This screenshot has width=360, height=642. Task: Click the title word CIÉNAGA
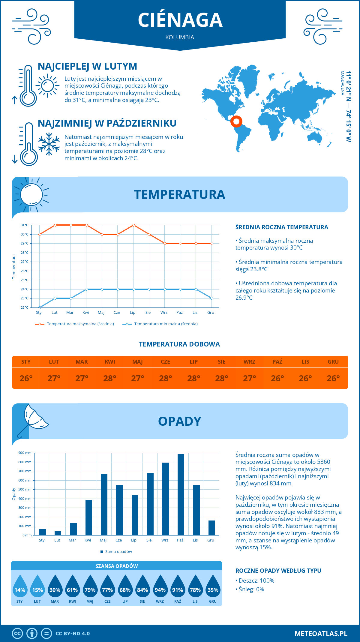coord(180,20)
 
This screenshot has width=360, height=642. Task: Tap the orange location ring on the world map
coord(236,121)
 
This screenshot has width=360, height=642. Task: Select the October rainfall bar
coord(181,495)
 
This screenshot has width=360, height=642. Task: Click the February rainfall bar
coord(58,533)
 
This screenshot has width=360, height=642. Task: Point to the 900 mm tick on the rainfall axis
coord(25,453)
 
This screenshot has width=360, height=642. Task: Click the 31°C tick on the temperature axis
coord(25,225)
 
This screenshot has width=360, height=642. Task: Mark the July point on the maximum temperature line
coord(133,225)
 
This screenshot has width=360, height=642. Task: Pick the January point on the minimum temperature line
coord(40,307)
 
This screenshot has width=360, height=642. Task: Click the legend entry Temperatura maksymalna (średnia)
coord(80,324)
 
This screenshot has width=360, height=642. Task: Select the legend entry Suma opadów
coord(118,552)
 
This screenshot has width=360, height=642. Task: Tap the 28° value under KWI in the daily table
coord(110,378)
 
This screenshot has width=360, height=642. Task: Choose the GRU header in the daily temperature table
coord(333,362)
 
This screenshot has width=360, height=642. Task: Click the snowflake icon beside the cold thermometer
coord(49,144)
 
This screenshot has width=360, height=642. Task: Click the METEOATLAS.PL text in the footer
coord(321,634)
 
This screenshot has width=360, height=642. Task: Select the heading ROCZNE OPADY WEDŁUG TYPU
coord(278,571)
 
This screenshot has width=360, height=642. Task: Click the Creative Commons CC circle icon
coord(17,634)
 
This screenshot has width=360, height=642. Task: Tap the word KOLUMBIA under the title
coord(180,37)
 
